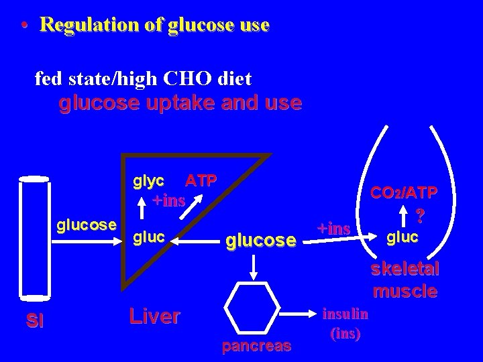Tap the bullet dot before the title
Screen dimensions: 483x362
tap(23, 26)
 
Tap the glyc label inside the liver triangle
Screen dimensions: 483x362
tap(149, 180)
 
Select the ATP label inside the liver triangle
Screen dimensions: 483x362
tap(201, 180)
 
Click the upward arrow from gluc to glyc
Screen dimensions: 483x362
tap(142, 208)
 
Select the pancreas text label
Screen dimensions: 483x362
tap(257, 347)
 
